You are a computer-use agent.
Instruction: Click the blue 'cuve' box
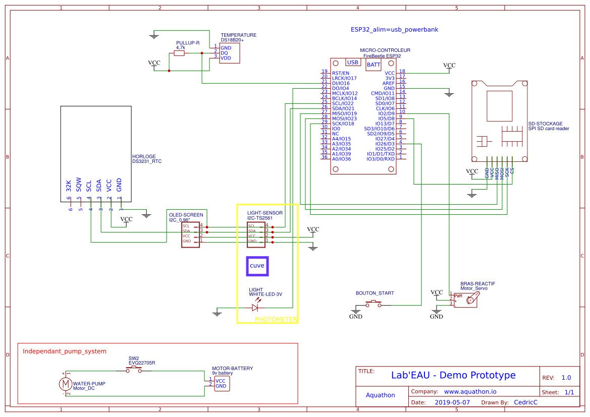[x=257, y=266]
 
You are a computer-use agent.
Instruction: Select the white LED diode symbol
[x=255, y=308]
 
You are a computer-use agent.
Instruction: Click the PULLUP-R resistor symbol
[x=180, y=53]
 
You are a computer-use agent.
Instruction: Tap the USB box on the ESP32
[x=353, y=63]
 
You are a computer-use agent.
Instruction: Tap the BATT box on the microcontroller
[x=373, y=65]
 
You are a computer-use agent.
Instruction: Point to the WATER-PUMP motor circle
[x=65, y=384]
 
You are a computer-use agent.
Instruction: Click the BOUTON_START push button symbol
[x=373, y=304]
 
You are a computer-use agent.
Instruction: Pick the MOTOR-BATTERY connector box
[x=221, y=384]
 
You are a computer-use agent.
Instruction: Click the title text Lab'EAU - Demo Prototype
[x=453, y=375]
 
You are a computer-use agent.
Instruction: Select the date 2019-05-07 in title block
[x=452, y=403]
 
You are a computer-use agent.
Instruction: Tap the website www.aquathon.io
[x=470, y=392]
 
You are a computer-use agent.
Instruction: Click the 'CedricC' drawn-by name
[x=525, y=403]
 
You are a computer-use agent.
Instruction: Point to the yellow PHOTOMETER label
[x=276, y=319]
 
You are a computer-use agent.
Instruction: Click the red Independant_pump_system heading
[x=65, y=351]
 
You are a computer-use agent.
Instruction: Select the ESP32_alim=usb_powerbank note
[x=394, y=30]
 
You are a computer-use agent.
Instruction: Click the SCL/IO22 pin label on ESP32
[x=343, y=103]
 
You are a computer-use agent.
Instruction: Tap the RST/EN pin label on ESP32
[x=340, y=73]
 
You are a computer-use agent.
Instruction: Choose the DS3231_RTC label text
[x=147, y=162]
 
